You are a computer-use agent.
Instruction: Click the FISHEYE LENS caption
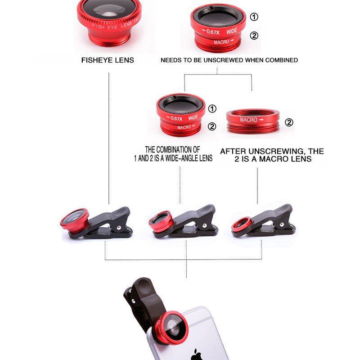(x=108, y=60)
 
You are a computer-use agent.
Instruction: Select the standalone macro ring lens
(x=252, y=121)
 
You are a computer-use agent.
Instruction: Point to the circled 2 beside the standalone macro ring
(x=289, y=122)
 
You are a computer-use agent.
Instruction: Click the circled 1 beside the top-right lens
(x=254, y=17)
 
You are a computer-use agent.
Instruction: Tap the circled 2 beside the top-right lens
(x=254, y=36)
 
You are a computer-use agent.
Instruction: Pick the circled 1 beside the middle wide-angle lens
(x=212, y=108)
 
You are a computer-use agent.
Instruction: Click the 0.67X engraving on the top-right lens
(x=212, y=31)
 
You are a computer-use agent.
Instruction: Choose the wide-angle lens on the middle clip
(x=160, y=220)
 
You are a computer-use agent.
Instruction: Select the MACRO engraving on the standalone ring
(x=249, y=120)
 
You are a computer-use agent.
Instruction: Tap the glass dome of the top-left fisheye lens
(x=108, y=11)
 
